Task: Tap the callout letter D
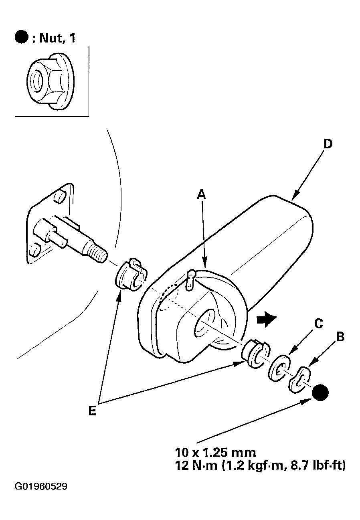tap(328, 144)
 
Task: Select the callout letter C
tap(318, 323)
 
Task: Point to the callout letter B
tap(340, 337)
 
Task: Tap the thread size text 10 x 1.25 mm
tap(215, 453)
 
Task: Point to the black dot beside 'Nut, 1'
tap(22, 37)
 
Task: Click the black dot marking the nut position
tap(320, 392)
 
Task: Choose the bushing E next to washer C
tap(255, 354)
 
